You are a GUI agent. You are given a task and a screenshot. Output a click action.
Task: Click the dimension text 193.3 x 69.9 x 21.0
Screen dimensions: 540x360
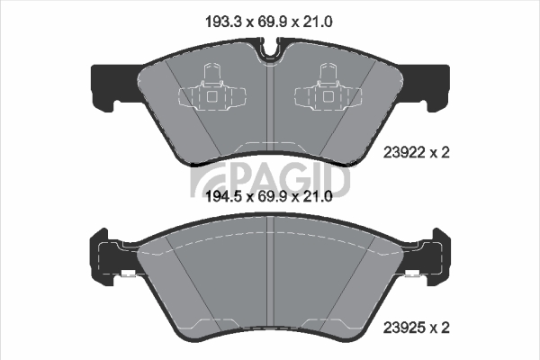[x=268, y=22]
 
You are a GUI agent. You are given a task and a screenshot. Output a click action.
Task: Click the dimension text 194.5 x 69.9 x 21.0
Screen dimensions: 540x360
[x=268, y=197]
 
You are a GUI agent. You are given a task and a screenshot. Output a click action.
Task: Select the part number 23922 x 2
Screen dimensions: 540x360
[x=417, y=152]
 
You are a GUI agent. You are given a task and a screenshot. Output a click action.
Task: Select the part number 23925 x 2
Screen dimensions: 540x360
[x=417, y=328]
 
